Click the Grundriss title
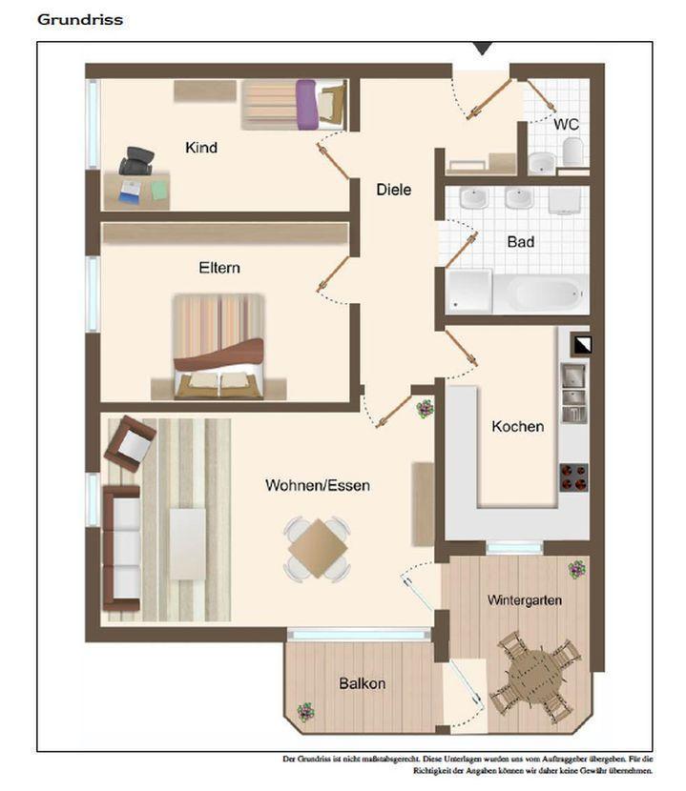pos(80,20)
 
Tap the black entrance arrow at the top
pos(483,49)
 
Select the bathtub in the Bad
pos(541,293)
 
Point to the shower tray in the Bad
pos(468,291)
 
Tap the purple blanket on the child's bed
pos(306,105)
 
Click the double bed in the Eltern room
pos(218,347)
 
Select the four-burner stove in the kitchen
pos(573,477)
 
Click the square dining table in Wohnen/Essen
pos(317,548)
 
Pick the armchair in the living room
pos(130,443)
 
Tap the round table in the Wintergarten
pos(535,675)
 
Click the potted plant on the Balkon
pos(305,712)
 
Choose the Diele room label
pos(394,190)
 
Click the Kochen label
pos(518,426)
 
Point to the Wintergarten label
pos(525,600)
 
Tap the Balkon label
pos(363,683)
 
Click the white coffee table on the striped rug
pos(187,544)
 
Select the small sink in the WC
pos(542,162)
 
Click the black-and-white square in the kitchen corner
pos(581,344)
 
